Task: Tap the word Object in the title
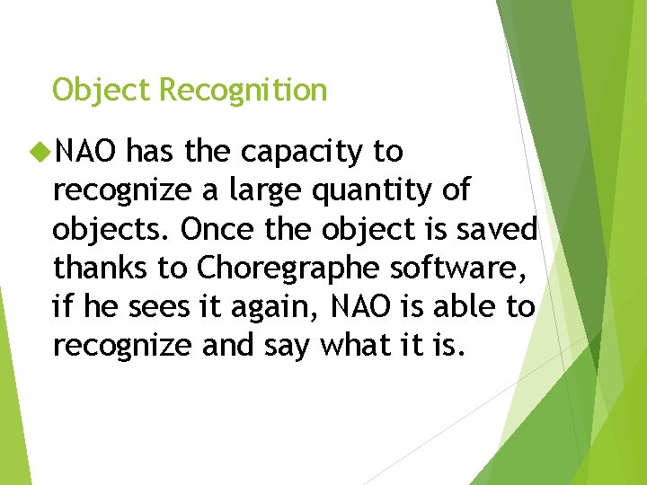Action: tap(102, 91)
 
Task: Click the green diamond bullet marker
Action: tap(40, 153)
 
